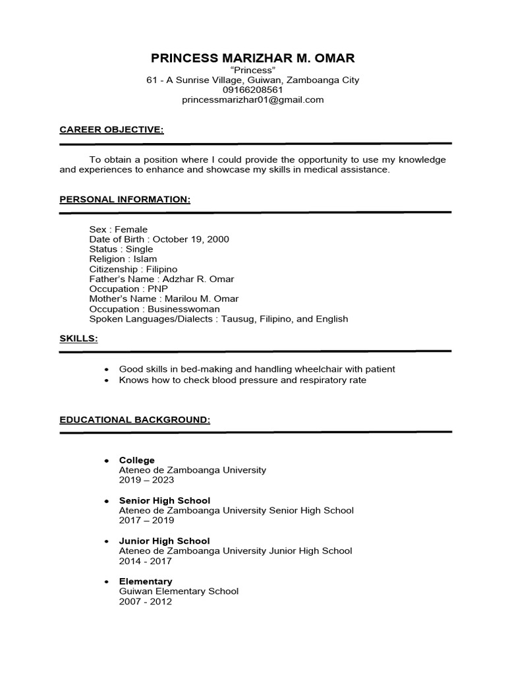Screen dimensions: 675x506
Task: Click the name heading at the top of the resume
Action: click(253, 58)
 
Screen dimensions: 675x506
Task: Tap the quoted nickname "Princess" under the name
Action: click(253, 70)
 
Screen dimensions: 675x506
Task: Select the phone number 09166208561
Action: click(253, 90)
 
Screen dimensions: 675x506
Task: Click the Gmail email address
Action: click(253, 100)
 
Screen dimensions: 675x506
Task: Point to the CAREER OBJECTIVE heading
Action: click(111, 129)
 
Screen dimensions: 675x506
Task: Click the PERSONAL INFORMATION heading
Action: click(125, 199)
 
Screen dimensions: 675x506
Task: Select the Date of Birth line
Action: click(159, 239)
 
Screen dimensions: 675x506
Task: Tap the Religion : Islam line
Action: click(123, 259)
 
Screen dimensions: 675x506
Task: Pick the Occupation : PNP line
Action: click(129, 289)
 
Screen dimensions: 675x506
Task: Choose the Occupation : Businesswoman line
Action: click(155, 308)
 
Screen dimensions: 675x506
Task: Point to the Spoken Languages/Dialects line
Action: click(218, 319)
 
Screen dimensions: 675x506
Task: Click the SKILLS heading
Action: click(78, 338)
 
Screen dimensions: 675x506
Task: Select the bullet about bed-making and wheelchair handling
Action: click(257, 369)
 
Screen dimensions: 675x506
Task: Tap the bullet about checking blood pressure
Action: click(242, 380)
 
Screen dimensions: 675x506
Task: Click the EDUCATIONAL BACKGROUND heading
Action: click(135, 419)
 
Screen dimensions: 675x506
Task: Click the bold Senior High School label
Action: click(164, 500)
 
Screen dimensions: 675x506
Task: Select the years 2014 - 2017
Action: click(145, 561)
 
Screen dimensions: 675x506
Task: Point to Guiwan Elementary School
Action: click(179, 591)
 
